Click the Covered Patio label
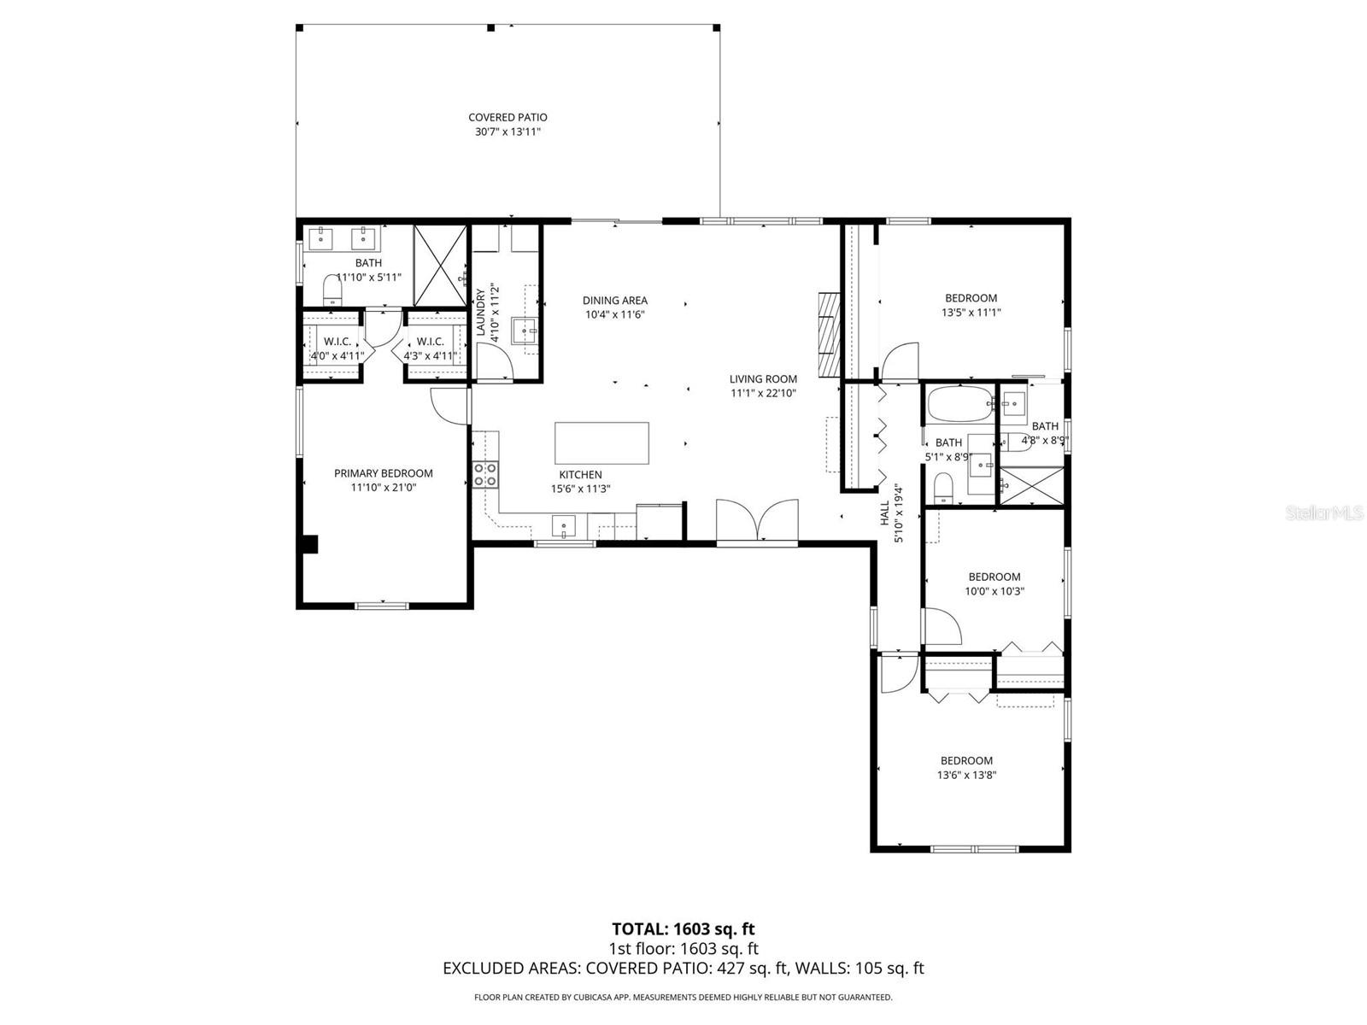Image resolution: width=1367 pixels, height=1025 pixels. tap(507, 118)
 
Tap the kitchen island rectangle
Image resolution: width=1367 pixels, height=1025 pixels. tap(601, 442)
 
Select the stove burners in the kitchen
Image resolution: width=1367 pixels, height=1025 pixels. tap(485, 474)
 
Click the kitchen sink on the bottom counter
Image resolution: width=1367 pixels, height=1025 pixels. tap(564, 526)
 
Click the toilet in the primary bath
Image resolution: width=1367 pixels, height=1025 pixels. tap(331, 290)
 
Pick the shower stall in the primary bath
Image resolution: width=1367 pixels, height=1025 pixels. tap(441, 266)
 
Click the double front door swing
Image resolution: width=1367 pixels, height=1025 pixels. tap(757, 521)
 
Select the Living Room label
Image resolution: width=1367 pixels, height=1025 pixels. tap(763, 379)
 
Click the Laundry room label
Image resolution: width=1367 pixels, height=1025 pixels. tap(480, 312)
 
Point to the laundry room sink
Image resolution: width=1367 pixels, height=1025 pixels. tap(525, 330)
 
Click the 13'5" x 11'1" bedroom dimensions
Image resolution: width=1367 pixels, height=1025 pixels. tap(971, 313)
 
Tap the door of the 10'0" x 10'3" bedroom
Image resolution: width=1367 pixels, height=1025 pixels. tap(942, 626)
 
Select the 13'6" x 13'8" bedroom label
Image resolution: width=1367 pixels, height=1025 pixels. tap(966, 761)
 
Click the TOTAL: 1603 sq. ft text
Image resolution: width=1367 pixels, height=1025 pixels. tap(683, 928)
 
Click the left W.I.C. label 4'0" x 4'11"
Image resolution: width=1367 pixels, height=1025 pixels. tap(337, 342)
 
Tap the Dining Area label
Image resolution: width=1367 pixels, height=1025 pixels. tap(614, 301)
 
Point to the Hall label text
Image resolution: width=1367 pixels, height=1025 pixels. tap(884, 513)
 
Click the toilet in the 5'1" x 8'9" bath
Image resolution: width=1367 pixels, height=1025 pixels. tap(943, 490)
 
